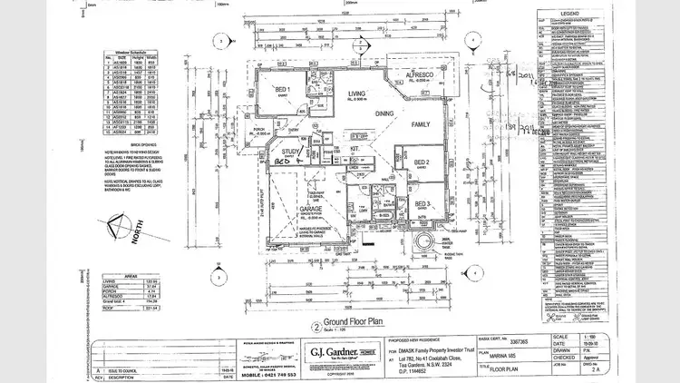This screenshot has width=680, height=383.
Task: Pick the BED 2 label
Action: point(422,162)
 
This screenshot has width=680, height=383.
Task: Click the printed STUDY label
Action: point(291,152)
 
